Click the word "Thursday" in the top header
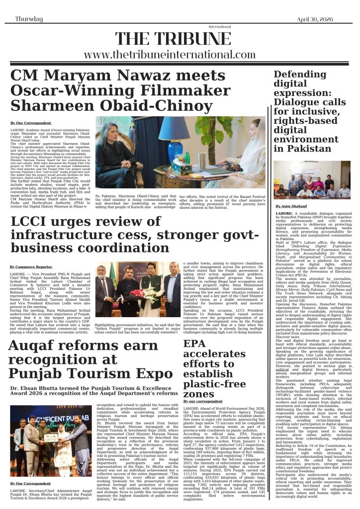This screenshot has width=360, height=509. pos(28,18)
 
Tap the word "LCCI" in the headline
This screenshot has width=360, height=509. pos(29,224)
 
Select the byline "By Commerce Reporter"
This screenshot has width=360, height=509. pos(31,267)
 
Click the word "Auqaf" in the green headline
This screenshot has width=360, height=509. pos(33,346)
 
